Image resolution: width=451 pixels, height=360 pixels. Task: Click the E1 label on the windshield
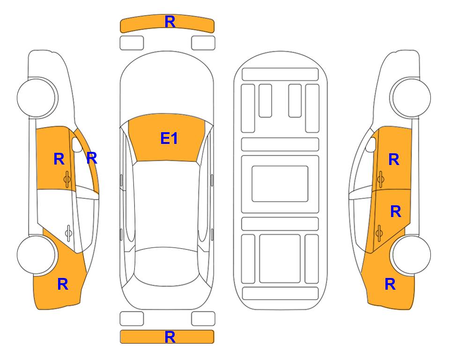[169, 138]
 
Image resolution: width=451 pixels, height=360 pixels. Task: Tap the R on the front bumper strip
[170, 22]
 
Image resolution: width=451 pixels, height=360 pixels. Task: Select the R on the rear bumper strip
[170, 337]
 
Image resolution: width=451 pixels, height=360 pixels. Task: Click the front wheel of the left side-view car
[37, 98]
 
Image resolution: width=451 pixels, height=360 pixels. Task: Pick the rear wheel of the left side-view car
[37, 255]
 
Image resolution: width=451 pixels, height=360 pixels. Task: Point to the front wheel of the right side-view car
[411, 98]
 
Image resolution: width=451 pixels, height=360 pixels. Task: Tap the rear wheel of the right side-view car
[411, 255]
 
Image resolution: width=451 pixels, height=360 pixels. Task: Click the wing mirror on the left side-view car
[76, 144]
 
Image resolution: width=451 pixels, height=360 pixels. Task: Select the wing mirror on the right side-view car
[371, 144]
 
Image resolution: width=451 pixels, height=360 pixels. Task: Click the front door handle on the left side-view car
[67, 179]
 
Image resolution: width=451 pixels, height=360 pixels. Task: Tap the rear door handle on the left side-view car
[68, 232]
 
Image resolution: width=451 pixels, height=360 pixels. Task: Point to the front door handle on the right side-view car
[380, 179]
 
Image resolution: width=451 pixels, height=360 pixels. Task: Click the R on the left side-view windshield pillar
[92, 158]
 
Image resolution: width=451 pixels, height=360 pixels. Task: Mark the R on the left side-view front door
[59, 159]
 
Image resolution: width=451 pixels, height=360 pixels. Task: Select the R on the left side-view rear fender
[63, 284]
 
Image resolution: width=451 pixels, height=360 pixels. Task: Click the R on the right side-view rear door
[395, 212]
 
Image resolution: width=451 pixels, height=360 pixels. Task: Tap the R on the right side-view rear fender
[390, 284]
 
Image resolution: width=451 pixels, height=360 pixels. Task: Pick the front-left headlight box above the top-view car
[132, 43]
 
